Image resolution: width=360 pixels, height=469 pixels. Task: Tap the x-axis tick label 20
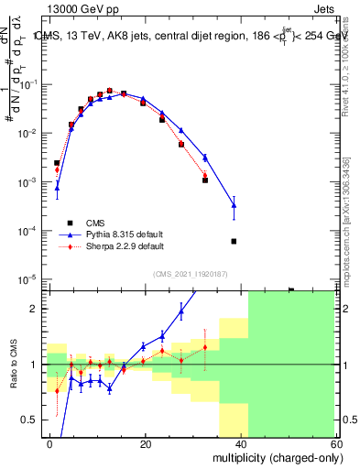click(x=146, y=442)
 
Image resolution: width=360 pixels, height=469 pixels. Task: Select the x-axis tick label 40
click(x=241, y=442)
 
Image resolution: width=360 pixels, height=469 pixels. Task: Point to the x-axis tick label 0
click(x=50, y=442)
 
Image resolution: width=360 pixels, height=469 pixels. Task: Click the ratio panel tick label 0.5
click(x=30, y=420)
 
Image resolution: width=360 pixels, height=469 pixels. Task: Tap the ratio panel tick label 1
click(x=34, y=365)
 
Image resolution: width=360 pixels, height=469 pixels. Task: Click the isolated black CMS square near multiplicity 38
click(x=234, y=241)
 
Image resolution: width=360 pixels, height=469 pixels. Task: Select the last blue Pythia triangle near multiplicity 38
click(x=234, y=204)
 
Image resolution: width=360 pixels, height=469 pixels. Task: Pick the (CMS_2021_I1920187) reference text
click(x=191, y=273)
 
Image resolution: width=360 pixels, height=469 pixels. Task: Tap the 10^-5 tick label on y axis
click(x=28, y=279)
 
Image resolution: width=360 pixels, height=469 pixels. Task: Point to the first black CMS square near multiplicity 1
click(x=57, y=163)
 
